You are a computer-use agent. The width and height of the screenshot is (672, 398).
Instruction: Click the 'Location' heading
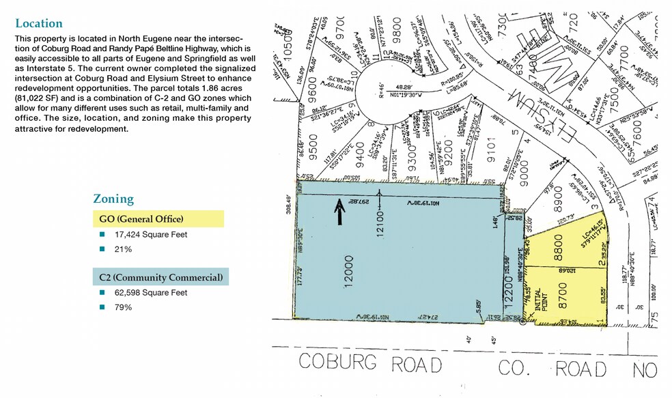coord(39,23)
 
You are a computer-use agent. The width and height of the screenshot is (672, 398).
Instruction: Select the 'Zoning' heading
coord(113,199)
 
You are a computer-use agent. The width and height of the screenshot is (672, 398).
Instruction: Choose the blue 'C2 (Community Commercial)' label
coord(160,276)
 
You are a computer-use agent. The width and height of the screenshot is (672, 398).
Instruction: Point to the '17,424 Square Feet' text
coord(151,234)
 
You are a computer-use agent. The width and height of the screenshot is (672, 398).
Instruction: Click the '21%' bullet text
coord(123,249)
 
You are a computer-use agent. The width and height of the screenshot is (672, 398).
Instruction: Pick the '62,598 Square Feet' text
coord(151,292)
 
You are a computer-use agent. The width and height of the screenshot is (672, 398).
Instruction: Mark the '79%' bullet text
coord(123,307)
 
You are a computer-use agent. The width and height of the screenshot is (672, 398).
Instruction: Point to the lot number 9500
coord(316,146)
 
